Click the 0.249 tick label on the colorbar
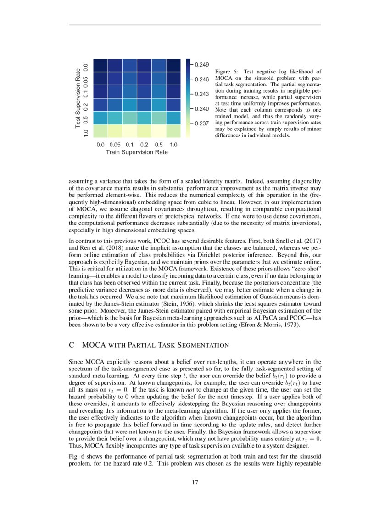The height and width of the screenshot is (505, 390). [x=202, y=65]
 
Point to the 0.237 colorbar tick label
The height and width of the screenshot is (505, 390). [x=202, y=124]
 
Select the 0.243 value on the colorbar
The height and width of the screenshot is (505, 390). [x=202, y=95]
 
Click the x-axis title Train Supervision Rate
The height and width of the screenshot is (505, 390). [x=137, y=152]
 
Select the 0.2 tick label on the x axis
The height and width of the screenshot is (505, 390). [x=145, y=145]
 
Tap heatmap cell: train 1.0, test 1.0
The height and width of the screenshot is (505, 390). [x=174, y=131]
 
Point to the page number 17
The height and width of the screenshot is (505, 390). [x=195, y=482]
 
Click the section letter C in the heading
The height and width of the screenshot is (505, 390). [x=72, y=345]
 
